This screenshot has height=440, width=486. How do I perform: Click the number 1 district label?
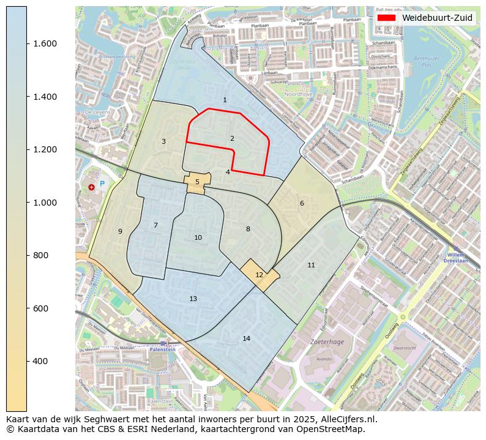225,100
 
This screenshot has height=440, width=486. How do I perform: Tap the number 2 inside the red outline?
232,138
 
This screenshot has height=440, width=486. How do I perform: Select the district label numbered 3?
163,141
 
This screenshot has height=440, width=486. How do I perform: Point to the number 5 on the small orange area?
197,182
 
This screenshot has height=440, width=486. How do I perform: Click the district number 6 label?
302,203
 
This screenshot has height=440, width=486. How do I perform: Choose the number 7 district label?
155,225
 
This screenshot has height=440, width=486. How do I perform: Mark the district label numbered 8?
248,229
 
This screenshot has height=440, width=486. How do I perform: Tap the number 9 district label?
120,231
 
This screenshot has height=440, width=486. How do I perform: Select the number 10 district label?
198,237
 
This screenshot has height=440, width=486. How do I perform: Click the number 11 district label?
311,265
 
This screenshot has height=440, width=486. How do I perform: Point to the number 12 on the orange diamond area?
259,275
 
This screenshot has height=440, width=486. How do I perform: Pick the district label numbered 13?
193,299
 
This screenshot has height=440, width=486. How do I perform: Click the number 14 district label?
246,338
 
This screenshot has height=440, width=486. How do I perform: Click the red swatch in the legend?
387,18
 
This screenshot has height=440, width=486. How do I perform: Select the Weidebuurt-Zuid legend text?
437,18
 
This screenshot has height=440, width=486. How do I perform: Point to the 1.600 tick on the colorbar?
45,43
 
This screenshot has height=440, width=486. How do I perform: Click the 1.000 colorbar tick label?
45,203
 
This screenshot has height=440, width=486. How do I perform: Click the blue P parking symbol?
102,184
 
